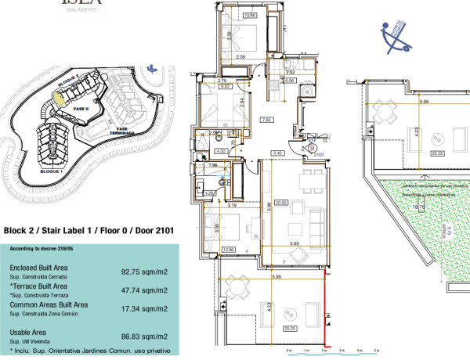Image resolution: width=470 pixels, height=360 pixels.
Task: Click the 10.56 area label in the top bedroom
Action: click(251, 16)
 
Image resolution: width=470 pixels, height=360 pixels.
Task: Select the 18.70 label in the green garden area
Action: click(397, 207)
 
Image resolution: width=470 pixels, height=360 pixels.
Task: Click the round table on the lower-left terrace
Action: click(242, 294)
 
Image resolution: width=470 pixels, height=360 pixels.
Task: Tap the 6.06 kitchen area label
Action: click(289, 80)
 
